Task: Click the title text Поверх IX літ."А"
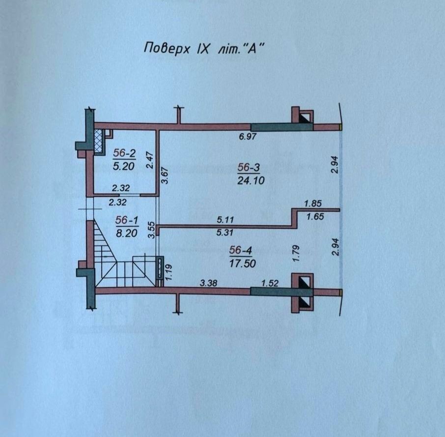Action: tap(202, 49)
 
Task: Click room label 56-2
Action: tap(124, 153)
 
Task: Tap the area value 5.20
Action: tap(123, 166)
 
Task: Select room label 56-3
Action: tap(249, 168)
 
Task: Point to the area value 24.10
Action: tap(250, 180)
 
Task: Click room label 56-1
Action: tap(127, 220)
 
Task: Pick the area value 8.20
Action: tap(127, 233)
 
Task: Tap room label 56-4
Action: tap(241, 250)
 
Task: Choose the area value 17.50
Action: tap(242, 263)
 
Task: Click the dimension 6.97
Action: tap(248, 137)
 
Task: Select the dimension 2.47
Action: tap(150, 160)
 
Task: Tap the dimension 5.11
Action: tap(225, 220)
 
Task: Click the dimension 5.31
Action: tap(224, 233)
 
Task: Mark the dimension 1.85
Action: tap(313, 204)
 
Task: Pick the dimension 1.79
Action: tap(296, 254)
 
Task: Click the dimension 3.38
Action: tap(209, 283)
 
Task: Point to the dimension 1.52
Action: tap(270, 283)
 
